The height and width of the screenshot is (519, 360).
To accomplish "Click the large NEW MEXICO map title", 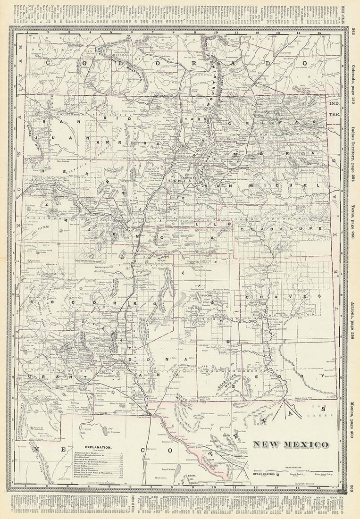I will tap(291, 444).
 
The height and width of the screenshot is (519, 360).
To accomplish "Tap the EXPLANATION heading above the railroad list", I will tap(98, 447).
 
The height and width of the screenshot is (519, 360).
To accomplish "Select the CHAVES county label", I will tap(283, 296).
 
